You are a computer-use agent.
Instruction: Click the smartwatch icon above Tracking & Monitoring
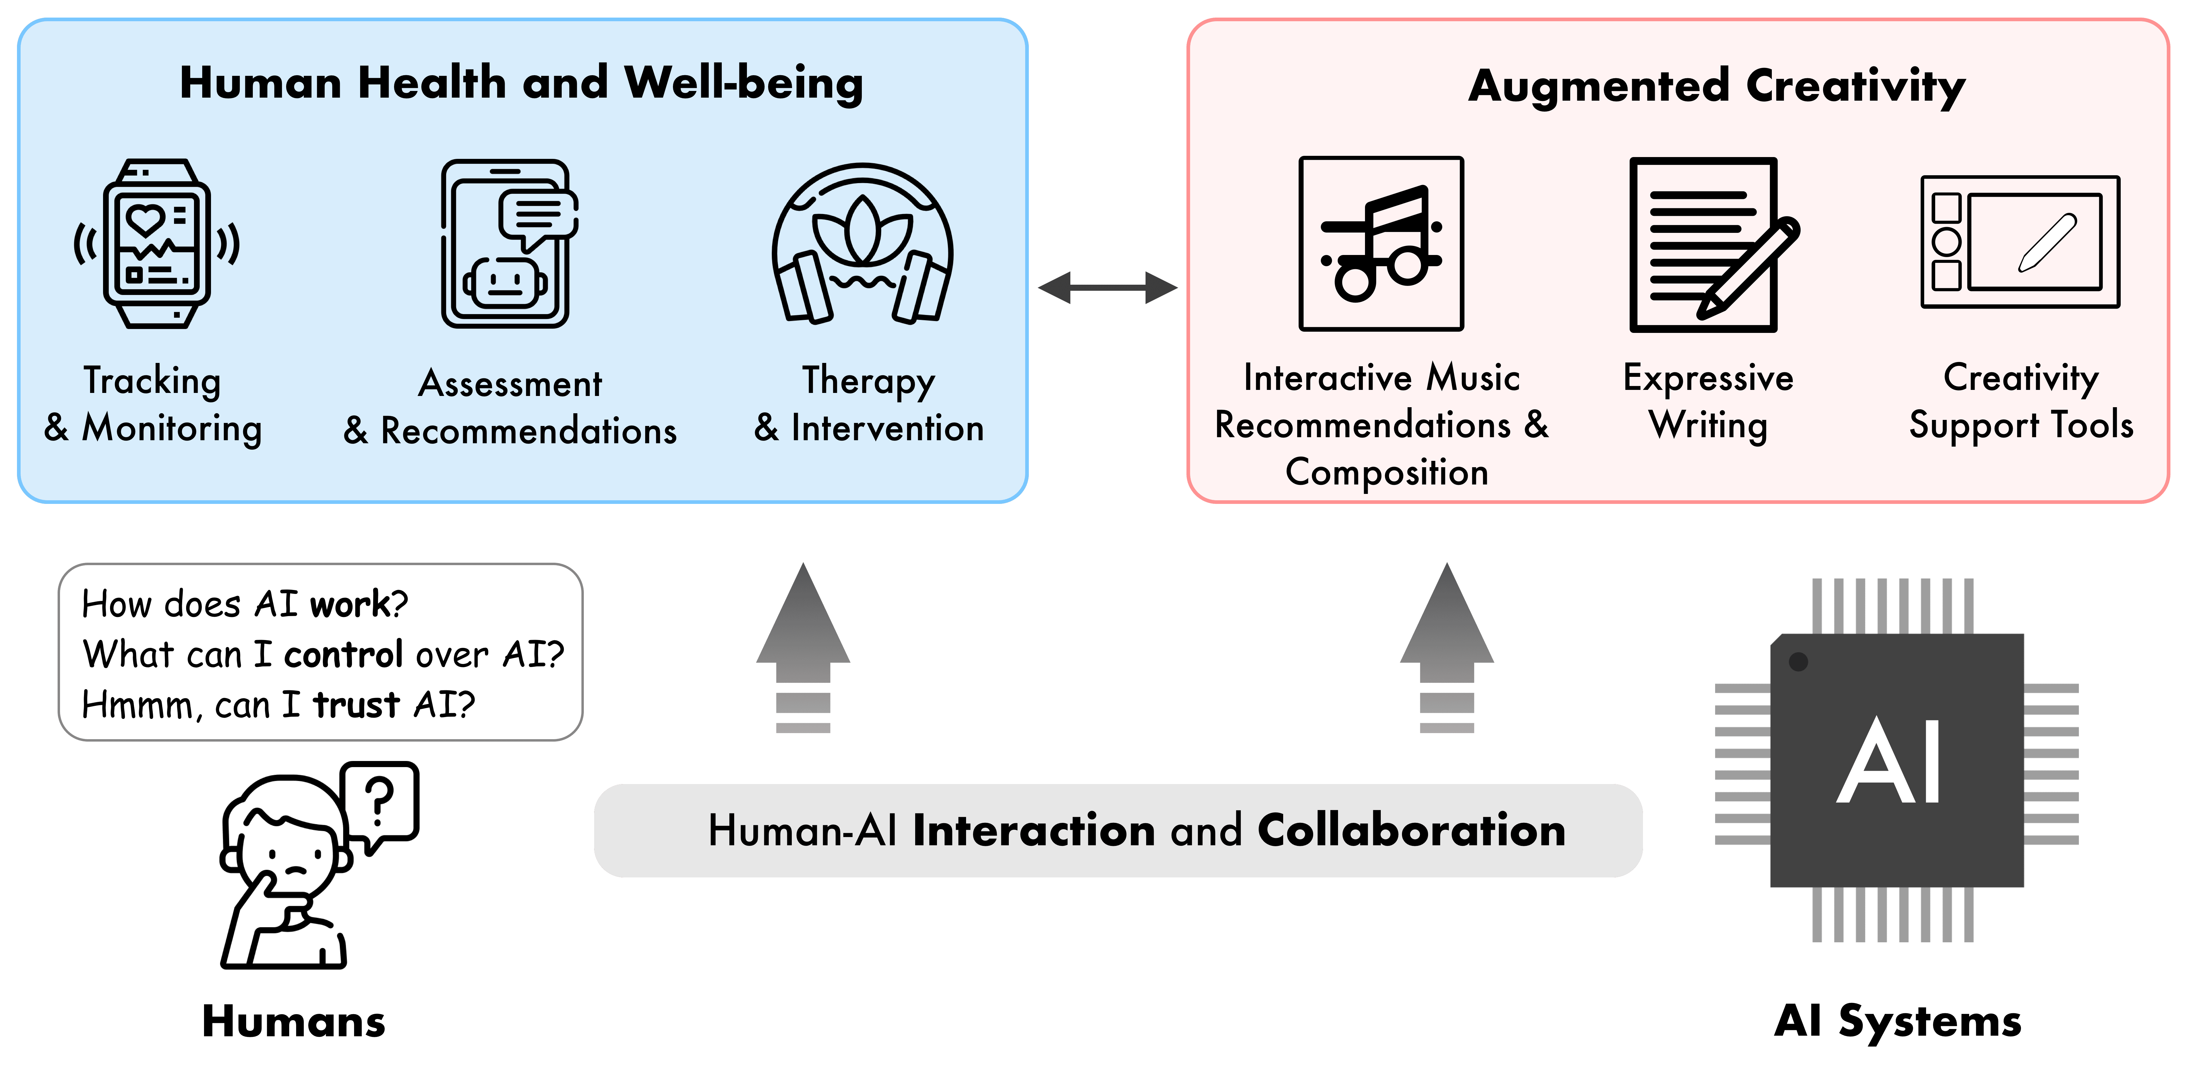(x=156, y=244)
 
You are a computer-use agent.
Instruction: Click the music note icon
(x=1381, y=244)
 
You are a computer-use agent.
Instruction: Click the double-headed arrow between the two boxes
(x=1108, y=287)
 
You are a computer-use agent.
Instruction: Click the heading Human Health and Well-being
(x=521, y=83)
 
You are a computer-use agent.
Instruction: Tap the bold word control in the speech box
(x=343, y=654)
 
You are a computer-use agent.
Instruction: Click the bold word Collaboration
(x=1411, y=830)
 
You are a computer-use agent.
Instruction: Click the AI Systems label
(x=1898, y=1021)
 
